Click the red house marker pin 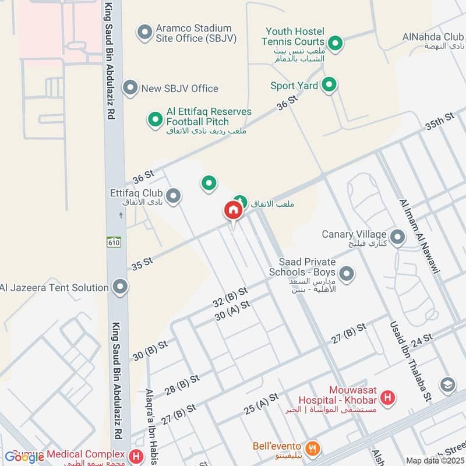(233, 210)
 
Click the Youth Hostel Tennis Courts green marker (334, 43)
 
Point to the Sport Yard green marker (329, 86)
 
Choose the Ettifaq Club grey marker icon (173, 196)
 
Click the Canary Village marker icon (398, 237)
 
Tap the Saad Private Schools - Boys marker (347, 273)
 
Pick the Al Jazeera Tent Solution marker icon (121, 287)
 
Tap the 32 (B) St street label (231, 296)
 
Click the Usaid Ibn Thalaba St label (410, 361)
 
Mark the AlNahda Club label (433, 37)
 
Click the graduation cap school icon (447, 384)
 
